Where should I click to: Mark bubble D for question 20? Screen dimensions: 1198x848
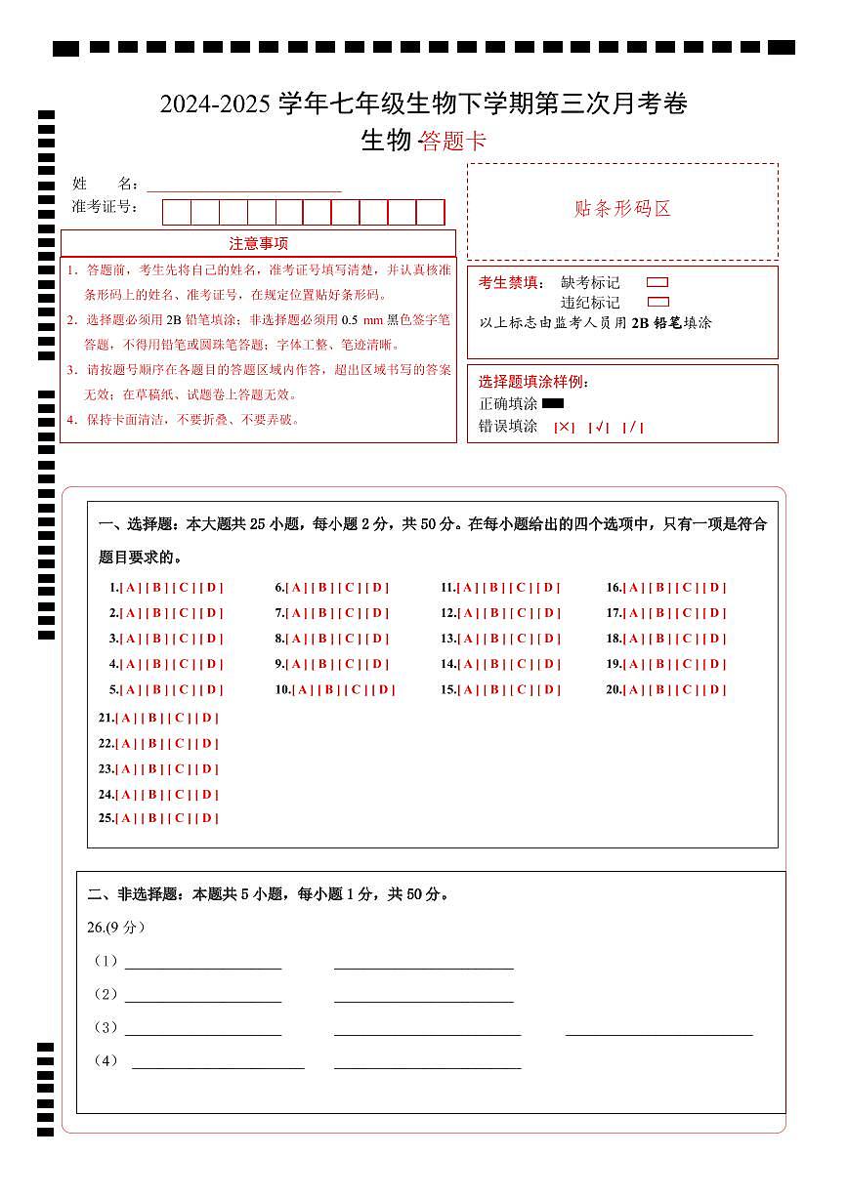[x=716, y=689]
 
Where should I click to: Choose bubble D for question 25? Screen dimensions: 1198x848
[x=207, y=818]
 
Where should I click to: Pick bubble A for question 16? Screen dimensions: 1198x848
[x=634, y=588]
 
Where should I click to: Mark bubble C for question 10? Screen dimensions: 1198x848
[x=357, y=689]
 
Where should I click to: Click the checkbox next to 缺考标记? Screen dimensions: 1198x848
[x=657, y=282]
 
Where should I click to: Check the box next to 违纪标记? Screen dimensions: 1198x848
[x=657, y=303]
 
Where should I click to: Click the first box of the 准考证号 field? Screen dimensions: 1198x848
[x=177, y=212]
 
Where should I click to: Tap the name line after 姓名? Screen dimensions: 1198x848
[x=244, y=185]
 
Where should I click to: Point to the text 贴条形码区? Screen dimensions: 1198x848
[x=622, y=209]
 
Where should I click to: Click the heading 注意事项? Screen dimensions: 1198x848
[x=258, y=243]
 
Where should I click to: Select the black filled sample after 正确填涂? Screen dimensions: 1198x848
[x=553, y=403]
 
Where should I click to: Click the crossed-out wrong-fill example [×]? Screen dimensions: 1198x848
[x=564, y=427]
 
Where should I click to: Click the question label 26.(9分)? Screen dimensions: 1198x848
[x=115, y=928]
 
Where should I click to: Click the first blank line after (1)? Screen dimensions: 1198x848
[x=203, y=962]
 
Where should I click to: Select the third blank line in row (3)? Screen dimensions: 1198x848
[x=659, y=1028]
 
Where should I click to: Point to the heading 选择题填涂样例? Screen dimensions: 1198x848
[x=533, y=382]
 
